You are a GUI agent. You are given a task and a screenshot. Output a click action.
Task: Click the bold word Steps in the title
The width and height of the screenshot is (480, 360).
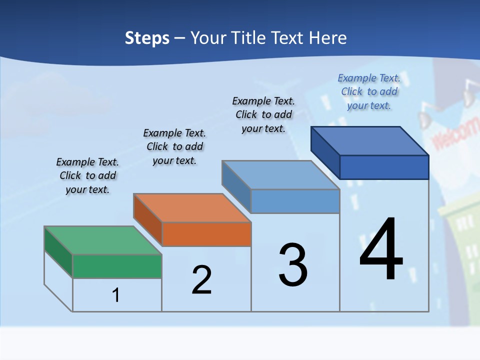coord(147,38)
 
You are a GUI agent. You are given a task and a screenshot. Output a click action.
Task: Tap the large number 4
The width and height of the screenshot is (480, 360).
coord(381,249)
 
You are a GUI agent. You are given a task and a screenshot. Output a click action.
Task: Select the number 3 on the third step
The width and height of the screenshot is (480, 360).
coord(293,265)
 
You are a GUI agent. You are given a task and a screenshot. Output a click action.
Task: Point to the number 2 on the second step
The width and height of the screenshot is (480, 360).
coord(202,280)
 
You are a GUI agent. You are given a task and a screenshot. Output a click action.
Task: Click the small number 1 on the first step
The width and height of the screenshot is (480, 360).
coord(116,295)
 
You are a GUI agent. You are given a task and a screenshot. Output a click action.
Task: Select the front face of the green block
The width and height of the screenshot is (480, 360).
coord(117,266)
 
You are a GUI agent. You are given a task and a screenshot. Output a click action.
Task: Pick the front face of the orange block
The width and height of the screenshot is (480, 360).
coord(206,234)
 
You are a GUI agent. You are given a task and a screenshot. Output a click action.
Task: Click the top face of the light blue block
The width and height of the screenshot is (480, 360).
coord(281,175)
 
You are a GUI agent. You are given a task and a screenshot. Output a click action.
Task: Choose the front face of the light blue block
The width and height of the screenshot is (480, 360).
coord(295,201)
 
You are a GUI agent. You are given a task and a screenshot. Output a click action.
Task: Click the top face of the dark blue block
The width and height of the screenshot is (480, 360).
coord(370,140)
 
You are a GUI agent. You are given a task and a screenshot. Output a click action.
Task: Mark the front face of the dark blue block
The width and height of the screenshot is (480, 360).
coord(384,167)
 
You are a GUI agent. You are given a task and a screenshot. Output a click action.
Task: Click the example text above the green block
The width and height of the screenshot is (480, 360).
coord(87,175)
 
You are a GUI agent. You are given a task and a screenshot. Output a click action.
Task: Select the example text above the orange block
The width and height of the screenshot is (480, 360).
coord(174,146)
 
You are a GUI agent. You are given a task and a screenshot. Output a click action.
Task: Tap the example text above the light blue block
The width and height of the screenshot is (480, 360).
coord(263,114)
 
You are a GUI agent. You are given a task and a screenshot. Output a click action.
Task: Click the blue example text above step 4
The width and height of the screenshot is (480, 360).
coord(369,91)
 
